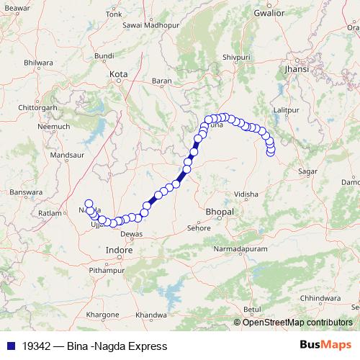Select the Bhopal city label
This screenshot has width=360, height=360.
click(219, 212)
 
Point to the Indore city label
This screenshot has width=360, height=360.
click(119, 250)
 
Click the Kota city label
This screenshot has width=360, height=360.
click(118, 73)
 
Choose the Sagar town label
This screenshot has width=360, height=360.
click(307, 172)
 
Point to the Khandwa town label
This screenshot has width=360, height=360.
click(150, 315)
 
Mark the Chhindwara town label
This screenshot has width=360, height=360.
click(322, 297)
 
